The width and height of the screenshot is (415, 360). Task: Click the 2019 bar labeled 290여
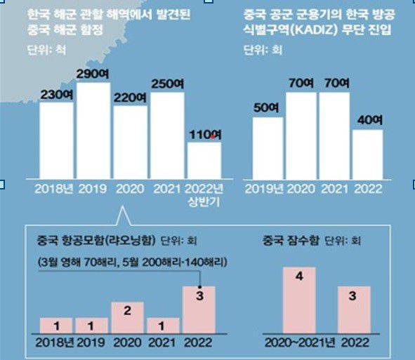(x=94, y=131)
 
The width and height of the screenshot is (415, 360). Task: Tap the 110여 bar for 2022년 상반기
(x=204, y=160)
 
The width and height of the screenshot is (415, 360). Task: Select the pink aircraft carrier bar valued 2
(x=127, y=317)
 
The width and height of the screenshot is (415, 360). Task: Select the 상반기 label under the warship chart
(x=202, y=201)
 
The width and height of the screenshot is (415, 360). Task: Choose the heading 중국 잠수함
(x=284, y=239)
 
